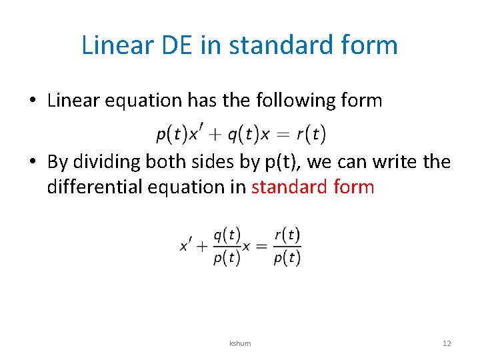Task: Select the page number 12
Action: pyautogui.click(x=447, y=343)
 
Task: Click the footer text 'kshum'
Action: pyautogui.click(x=240, y=343)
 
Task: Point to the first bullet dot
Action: pyautogui.click(x=33, y=101)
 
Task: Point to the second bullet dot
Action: pyautogui.click(x=33, y=162)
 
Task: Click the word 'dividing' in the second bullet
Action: pyautogui.click(x=103, y=162)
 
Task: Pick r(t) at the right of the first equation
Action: pyautogui.click(x=311, y=135)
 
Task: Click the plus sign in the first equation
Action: pyautogui.click(x=214, y=135)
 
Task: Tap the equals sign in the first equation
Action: pyautogui.click(x=283, y=135)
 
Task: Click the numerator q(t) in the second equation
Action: pyautogui.click(x=227, y=235)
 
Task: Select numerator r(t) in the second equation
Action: pyautogui.click(x=287, y=235)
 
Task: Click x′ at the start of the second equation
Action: pyautogui.click(x=186, y=245)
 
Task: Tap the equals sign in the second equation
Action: pyautogui.click(x=261, y=246)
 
